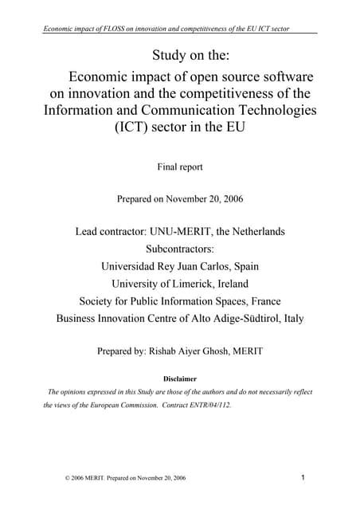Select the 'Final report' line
coord(181,167)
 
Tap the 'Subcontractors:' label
coord(181,249)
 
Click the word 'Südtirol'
coord(257,319)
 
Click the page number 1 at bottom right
coord(306,478)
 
